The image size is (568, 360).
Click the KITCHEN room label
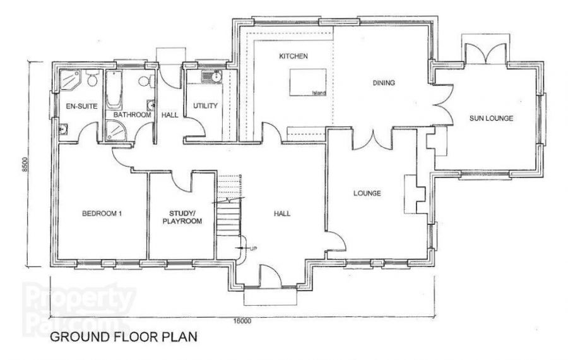(293, 56)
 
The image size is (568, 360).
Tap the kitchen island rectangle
(308, 82)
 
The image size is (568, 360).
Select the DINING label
(384, 83)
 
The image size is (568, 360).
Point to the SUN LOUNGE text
(491, 118)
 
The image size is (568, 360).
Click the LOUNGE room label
(367, 193)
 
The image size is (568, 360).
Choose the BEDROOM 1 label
(102, 213)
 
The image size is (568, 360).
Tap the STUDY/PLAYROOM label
(182, 217)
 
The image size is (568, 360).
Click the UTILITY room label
(205, 106)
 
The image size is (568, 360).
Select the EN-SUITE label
(81, 106)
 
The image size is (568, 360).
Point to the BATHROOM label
(133, 115)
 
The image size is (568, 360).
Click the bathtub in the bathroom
(114, 89)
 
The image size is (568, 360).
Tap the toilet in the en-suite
(92, 78)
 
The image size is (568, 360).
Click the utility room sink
(212, 77)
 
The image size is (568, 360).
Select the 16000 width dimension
(242, 321)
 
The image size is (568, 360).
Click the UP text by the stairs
(253, 249)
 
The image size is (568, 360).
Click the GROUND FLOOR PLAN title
(124, 337)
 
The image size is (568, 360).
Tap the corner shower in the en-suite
(69, 80)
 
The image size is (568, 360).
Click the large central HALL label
(282, 213)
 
